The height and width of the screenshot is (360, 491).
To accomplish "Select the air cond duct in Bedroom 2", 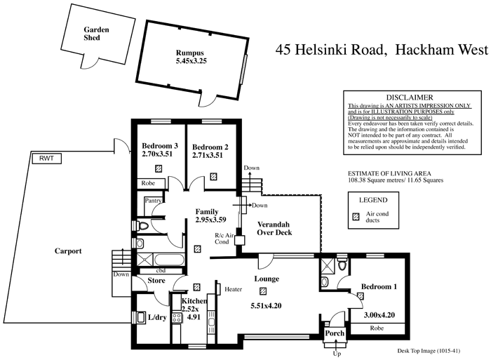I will click(211, 168).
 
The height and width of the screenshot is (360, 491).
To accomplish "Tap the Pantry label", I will click(154, 200).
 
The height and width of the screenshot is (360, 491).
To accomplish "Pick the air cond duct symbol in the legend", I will click(356, 217).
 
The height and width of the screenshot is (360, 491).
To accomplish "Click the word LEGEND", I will click(372, 199).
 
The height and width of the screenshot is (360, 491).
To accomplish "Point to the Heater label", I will click(233, 288).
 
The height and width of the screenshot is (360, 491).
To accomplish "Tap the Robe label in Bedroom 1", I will click(377, 327).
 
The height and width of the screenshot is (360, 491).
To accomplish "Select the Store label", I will click(156, 281).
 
